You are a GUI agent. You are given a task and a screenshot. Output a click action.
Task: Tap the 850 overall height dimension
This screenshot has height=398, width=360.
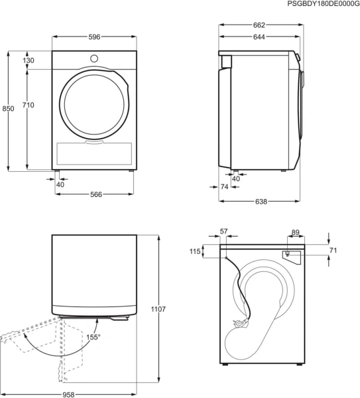[8, 109]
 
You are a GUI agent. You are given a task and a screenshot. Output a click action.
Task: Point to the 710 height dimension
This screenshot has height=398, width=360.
[29, 104]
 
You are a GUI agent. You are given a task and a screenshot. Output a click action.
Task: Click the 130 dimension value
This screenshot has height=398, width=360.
[29, 60]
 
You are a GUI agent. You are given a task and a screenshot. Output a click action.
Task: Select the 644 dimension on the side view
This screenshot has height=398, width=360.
[259, 37]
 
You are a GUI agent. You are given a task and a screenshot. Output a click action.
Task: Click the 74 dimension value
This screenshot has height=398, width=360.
[224, 188]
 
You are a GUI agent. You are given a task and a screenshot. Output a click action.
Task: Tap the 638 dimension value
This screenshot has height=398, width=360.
[261, 202]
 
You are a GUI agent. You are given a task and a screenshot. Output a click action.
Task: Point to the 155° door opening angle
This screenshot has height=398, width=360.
[93, 337]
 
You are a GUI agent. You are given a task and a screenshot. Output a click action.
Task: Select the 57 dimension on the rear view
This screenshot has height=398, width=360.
[223, 232]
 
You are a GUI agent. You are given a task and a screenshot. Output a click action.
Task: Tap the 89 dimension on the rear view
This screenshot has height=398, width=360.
[295, 232]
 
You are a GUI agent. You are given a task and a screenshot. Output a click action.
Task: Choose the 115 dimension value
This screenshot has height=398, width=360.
[194, 251]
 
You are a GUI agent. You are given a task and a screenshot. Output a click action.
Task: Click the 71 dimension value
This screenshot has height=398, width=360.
[333, 250]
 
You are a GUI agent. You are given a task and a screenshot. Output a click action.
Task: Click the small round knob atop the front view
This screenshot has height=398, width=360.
[93, 58]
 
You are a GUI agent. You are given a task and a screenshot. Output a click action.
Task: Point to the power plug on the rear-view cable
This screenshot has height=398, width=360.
[238, 324]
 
